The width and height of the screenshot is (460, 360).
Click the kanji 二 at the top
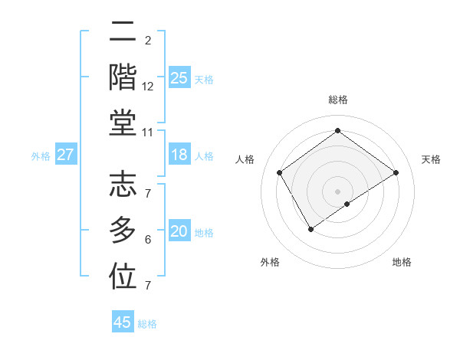(x=123, y=34)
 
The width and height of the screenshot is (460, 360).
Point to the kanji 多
(x=123, y=231)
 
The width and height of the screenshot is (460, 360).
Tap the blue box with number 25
(x=179, y=78)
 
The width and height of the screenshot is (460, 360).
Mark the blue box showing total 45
(x=123, y=322)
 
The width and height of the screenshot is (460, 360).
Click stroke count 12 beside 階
(x=148, y=87)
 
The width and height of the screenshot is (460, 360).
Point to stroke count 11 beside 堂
(x=148, y=133)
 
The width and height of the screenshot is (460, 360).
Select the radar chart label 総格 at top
(x=337, y=100)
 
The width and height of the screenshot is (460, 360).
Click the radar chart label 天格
(x=432, y=159)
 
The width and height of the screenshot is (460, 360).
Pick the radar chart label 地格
(x=402, y=262)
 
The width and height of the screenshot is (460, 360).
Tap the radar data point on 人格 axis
(x=280, y=172)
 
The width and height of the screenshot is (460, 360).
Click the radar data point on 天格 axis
(x=396, y=172)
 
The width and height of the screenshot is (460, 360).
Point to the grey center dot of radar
(x=337, y=191)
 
